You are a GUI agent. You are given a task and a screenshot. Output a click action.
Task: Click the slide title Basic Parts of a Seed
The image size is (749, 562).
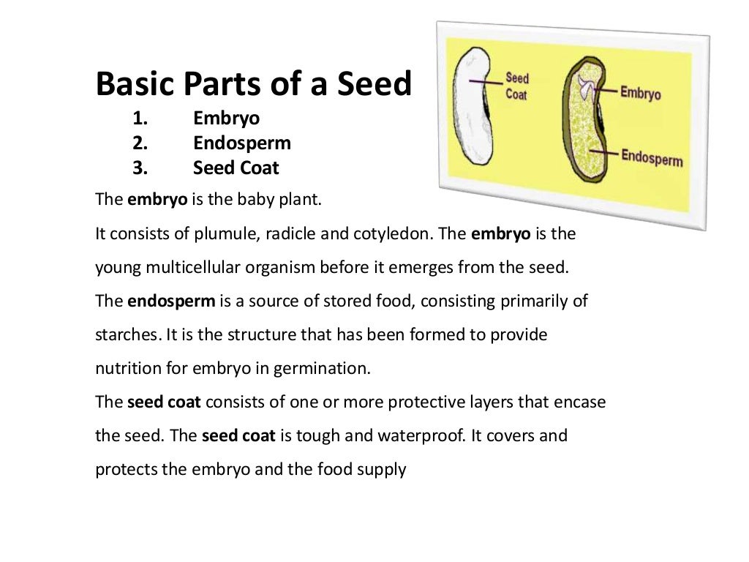pyautogui.click(x=254, y=85)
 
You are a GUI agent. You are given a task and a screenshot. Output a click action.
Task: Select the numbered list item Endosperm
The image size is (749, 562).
pyautogui.click(x=241, y=143)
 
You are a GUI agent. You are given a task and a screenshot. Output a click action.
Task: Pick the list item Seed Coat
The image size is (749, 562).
pyautogui.click(x=236, y=168)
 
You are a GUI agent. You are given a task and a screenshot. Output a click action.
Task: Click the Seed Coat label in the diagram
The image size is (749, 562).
pyautogui.click(x=517, y=86)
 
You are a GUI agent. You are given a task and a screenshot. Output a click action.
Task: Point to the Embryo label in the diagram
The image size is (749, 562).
pyautogui.click(x=640, y=94)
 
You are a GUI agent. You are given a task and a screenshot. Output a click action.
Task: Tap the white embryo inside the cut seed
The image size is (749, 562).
pyautogui.click(x=585, y=86)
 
